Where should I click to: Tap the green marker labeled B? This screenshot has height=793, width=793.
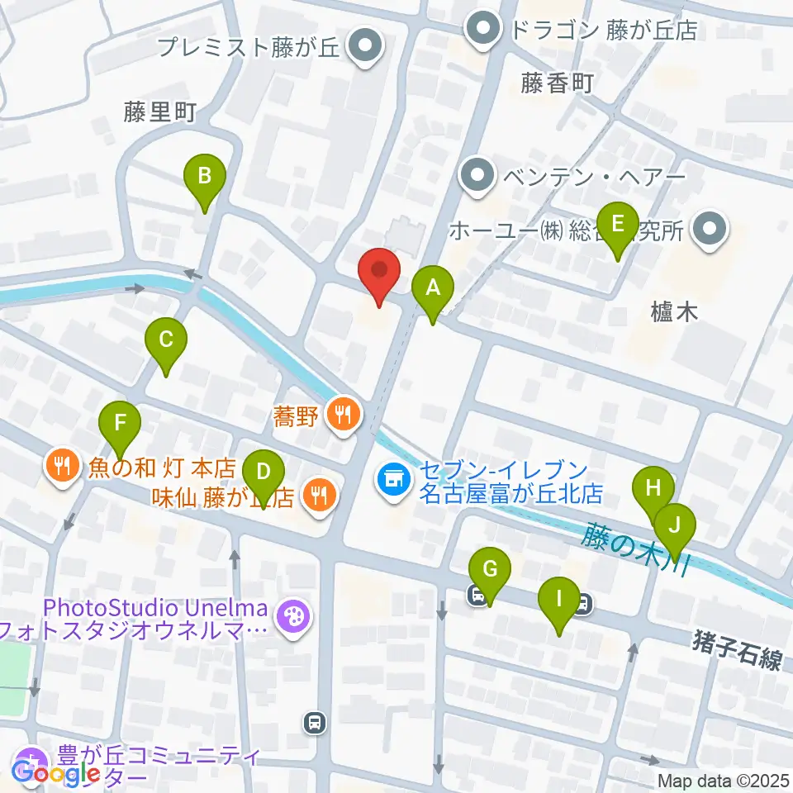click(205, 175)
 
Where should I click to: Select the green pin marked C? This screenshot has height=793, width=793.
click(166, 339)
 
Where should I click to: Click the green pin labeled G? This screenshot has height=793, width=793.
click(490, 569)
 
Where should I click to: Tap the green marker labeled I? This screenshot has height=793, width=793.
click(559, 597)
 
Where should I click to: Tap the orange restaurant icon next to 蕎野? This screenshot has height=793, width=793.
click(343, 414)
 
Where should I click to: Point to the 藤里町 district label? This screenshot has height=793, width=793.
click(159, 113)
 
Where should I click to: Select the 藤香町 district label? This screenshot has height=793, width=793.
click(558, 83)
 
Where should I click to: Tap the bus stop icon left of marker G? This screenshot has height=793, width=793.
click(477, 594)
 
